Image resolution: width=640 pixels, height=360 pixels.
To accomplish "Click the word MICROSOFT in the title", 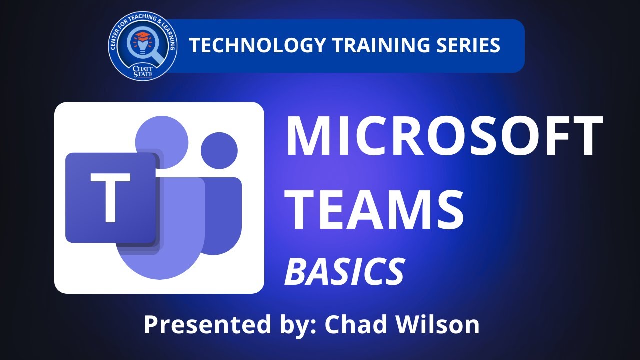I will [444, 136].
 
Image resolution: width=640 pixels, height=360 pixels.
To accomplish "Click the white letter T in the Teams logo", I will [111, 198].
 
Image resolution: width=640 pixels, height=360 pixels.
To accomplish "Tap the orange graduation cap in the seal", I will [142, 37].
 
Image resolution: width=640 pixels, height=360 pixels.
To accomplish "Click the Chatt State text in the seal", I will [143, 70].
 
